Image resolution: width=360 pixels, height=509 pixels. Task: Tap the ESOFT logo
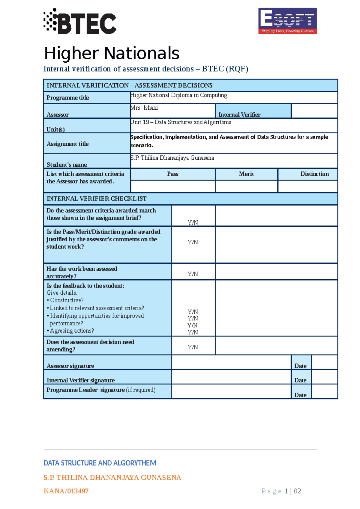[x=287, y=21]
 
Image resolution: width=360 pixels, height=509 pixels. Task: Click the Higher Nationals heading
[x=112, y=53]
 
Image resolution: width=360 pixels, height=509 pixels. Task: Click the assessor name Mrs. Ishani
[x=144, y=108]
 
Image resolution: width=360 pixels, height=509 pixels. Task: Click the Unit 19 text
[x=181, y=122]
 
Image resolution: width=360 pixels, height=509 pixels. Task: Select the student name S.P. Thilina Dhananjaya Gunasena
[x=172, y=158]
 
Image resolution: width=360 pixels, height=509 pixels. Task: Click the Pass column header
[x=172, y=174]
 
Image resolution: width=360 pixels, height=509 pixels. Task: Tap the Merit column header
[x=246, y=174]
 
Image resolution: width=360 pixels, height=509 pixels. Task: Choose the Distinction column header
[x=314, y=174]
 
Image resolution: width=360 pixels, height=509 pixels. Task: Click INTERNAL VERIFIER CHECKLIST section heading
[x=97, y=199]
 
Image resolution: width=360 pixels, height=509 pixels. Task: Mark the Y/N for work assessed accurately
[x=193, y=274]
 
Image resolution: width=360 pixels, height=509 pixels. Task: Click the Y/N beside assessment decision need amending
[x=193, y=347]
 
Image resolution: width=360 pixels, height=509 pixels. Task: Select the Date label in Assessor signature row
[x=300, y=366]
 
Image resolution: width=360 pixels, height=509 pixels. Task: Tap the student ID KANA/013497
[x=66, y=491]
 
